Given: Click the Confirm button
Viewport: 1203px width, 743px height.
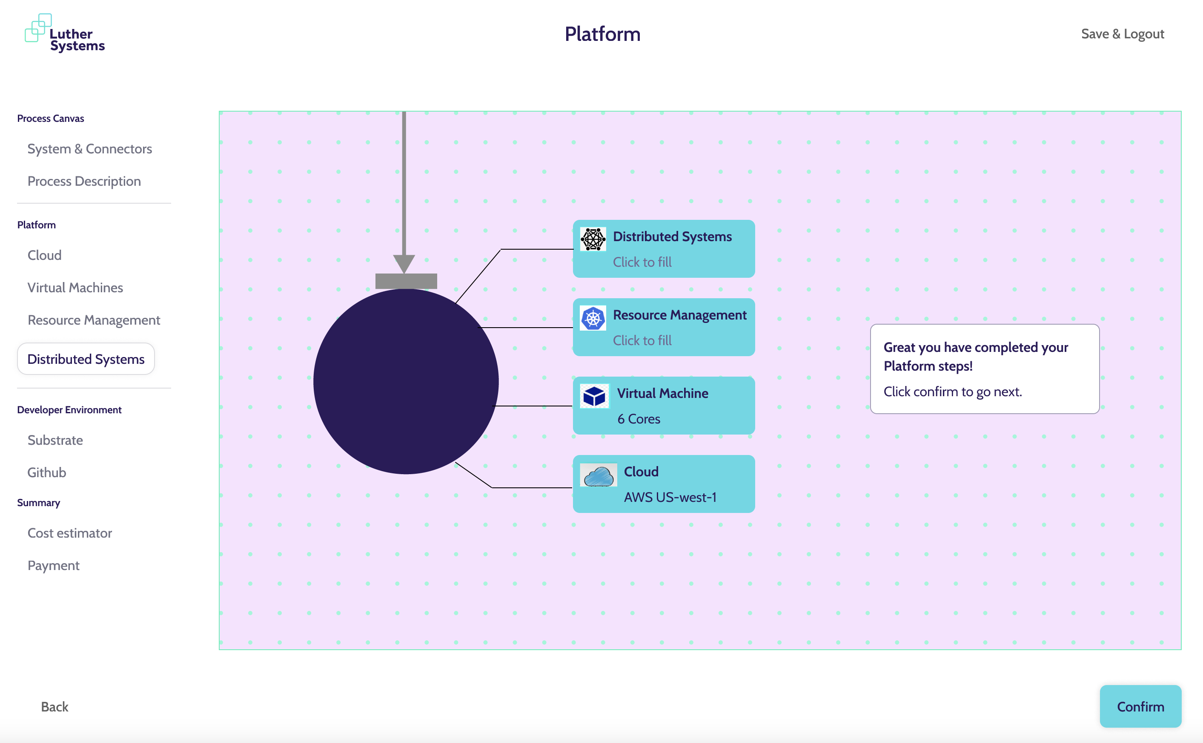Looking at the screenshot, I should pos(1140,706).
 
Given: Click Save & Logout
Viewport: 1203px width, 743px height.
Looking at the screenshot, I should pos(1122,34).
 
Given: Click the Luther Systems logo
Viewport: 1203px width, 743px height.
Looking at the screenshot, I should pos(65,33).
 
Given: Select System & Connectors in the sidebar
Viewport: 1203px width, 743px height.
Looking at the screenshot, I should pos(89,149).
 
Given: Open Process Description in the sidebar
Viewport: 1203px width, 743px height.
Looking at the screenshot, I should pos(84,181).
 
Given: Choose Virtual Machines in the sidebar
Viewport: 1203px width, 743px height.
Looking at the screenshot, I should pos(75,288).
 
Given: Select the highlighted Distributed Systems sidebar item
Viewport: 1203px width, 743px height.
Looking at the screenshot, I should pos(86,359).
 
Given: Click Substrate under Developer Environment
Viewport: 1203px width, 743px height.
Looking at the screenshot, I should pos(55,440).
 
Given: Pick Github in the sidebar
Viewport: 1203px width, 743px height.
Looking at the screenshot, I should pos(47,472).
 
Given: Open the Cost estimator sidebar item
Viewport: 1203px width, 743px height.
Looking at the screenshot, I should pos(70,533).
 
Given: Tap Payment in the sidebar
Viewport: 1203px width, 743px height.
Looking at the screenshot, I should pos(54,566).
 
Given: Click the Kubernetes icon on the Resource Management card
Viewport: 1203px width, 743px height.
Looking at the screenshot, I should pos(593,318).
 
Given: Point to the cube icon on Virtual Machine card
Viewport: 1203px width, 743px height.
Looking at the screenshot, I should pos(594,396).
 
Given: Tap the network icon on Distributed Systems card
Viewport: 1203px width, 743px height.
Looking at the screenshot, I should pos(593,239).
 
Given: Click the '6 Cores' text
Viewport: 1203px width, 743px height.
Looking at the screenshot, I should pos(639,419).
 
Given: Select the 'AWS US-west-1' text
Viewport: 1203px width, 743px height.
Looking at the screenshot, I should pos(670,497).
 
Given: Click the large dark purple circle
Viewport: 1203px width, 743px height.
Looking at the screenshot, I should pos(406,381).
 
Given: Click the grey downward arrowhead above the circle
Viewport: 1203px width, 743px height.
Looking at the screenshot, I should pos(404,263).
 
